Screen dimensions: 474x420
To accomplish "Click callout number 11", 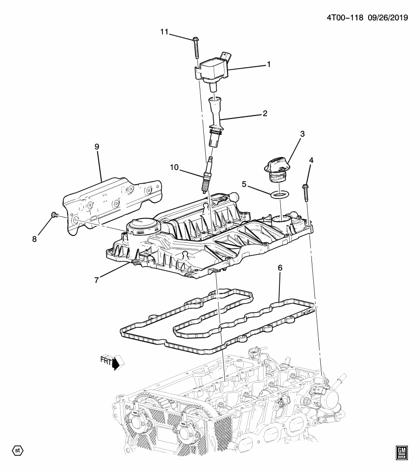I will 164,32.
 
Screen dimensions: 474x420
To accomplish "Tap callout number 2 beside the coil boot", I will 265,114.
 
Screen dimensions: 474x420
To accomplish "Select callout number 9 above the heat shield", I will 97,147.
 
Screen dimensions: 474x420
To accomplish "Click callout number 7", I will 97,279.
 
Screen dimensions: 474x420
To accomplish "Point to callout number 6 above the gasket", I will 280,268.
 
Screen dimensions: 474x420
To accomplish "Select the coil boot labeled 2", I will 217,121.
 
